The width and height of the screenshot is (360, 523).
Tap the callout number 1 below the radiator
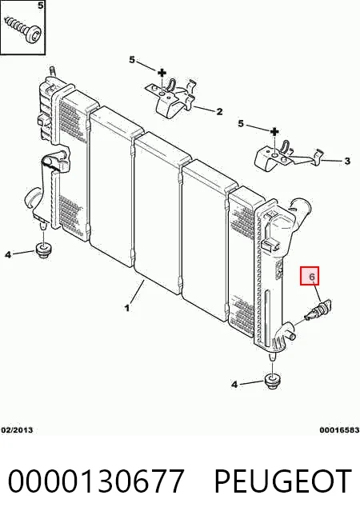(x=126, y=308)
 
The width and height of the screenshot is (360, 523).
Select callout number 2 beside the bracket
(x=219, y=111)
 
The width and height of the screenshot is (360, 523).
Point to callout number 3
(x=347, y=161)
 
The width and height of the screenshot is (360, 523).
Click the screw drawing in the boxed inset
(x=23, y=30)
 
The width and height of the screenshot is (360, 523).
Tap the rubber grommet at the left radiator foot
(x=42, y=251)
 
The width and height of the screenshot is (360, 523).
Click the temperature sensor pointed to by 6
(x=318, y=310)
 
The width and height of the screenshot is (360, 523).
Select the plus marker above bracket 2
(x=162, y=73)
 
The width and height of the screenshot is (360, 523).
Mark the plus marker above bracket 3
(x=274, y=131)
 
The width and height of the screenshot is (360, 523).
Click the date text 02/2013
(x=17, y=429)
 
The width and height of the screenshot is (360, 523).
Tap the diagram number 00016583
(x=339, y=429)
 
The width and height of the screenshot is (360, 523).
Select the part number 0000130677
(x=96, y=481)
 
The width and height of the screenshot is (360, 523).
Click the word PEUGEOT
(x=282, y=481)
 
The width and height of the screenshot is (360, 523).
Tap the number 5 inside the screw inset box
(x=40, y=6)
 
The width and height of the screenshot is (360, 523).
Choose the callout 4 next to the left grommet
(x=8, y=254)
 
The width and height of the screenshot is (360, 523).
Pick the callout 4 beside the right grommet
(x=234, y=385)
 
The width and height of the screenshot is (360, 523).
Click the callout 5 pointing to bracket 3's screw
(x=241, y=124)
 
